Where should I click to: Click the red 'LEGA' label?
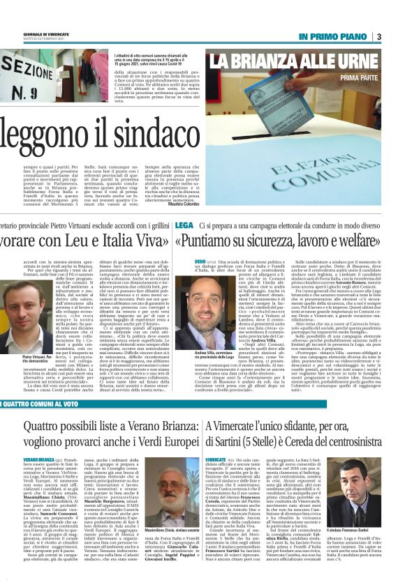point(184,226)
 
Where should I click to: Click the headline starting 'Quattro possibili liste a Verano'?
point(98,433)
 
